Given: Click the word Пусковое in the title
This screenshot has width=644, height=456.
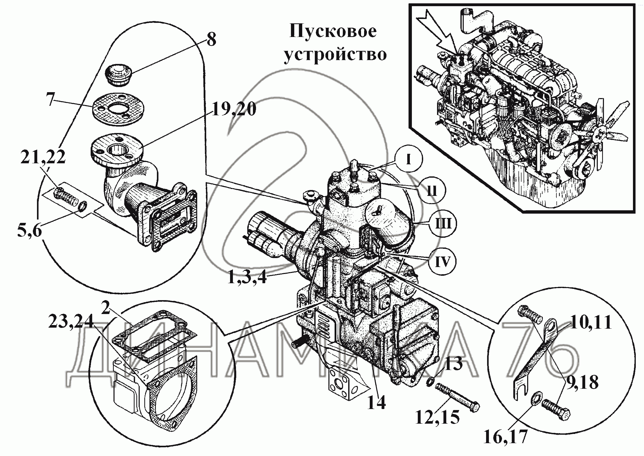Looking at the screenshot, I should coord(333,31).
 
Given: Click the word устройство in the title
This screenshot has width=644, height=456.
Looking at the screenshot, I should coord(335,54).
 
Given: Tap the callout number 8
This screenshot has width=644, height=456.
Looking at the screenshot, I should coord(211,40).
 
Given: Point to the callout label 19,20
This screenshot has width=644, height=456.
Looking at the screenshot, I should coord(234,110).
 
